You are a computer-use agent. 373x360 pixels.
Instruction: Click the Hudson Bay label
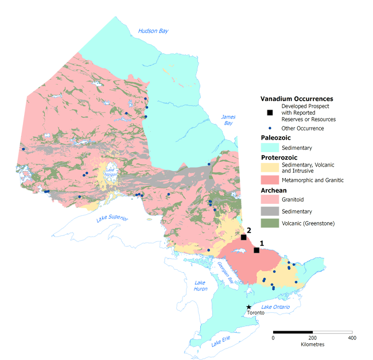[153, 31]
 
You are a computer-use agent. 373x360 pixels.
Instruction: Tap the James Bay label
[228, 120]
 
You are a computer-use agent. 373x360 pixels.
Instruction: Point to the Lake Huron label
[200, 285]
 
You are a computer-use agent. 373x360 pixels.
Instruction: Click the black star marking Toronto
[248, 307]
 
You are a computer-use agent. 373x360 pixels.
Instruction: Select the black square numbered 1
[257, 250]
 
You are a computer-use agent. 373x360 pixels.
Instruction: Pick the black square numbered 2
[243, 237]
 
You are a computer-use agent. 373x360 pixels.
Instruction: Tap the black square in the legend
[269, 113]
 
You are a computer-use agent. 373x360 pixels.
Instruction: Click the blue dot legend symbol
[269, 128]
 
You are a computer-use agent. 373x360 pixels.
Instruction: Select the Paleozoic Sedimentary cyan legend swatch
[270, 148]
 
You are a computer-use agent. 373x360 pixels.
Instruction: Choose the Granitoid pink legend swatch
[270, 200]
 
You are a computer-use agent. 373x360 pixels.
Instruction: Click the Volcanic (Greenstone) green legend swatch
[270, 223]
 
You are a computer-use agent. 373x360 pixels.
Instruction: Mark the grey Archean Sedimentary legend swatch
[270, 211]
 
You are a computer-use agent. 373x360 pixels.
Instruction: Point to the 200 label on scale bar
[312, 338]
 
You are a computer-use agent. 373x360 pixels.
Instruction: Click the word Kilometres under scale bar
[312, 344]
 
